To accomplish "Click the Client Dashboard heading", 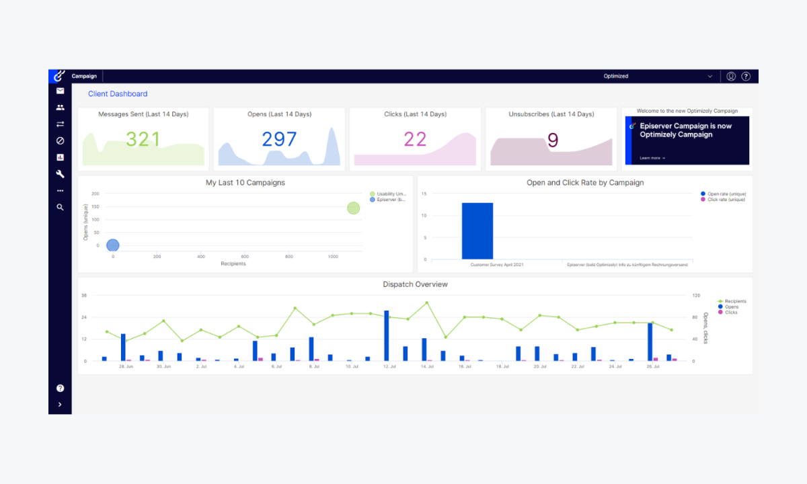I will [x=118, y=94].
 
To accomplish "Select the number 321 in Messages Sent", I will [x=143, y=139].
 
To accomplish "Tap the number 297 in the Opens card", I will [x=279, y=139].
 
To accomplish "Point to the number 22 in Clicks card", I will [x=415, y=139].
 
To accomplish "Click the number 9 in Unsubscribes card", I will [x=553, y=140].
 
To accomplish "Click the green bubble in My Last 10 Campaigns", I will [x=353, y=208].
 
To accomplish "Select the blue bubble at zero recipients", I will [x=113, y=245].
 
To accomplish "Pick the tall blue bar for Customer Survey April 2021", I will [x=477, y=231].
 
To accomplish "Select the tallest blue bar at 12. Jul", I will [x=387, y=336].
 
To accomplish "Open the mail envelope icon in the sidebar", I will [x=60, y=91].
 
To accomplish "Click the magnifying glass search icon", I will [x=60, y=208].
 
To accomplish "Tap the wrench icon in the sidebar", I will [x=60, y=174].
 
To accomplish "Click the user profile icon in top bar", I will [x=731, y=77].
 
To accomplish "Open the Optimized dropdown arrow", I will [x=710, y=77].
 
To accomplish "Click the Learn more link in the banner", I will [x=652, y=158].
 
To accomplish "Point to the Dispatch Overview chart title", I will [x=415, y=284].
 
